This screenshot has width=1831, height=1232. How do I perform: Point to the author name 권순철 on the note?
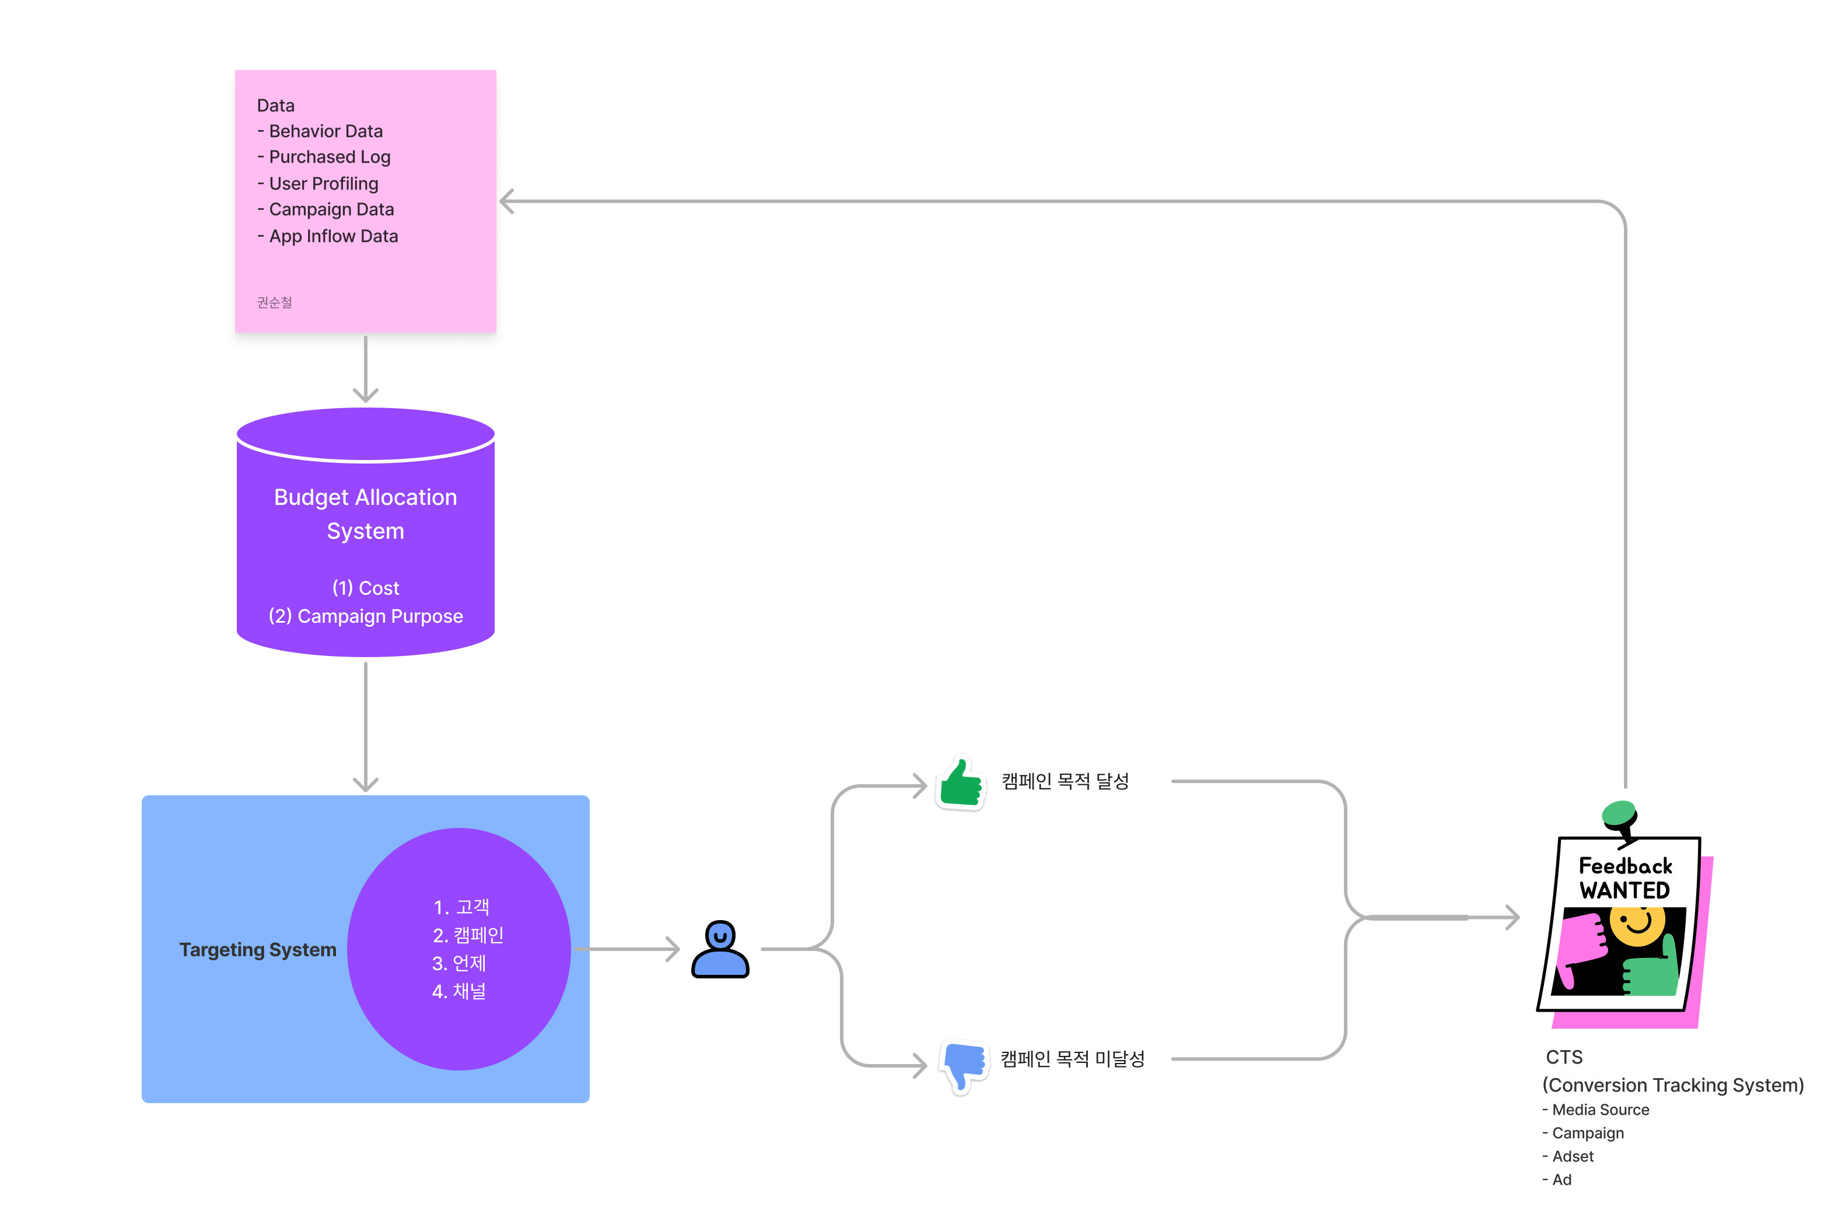click(x=274, y=303)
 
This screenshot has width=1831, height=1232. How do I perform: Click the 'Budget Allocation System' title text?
click(x=365, y=514)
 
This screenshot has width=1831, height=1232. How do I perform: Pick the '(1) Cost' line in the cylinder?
click(x=365, y=588)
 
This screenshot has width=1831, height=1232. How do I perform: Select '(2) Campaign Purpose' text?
click(x=365, y=616)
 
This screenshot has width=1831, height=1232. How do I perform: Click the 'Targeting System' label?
click(x=258, y=949)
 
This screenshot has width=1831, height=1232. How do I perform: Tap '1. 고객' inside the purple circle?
click(x=461, y=907)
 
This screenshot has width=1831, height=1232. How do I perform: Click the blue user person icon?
click(x=720, y=949)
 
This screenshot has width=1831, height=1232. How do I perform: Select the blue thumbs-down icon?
click(x=964, y=1065)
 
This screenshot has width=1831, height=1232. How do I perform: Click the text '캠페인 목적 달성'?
click(x=1065, y=781)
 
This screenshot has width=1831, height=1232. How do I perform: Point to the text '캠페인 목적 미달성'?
click(x=1072, y=1059)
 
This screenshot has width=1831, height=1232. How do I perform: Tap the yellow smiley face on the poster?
click(x=1638, y=925)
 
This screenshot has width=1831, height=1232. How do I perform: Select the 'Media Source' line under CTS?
click(x=1600, y=1110)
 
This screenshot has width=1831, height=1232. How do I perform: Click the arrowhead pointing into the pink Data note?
click(x=507, y=201)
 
